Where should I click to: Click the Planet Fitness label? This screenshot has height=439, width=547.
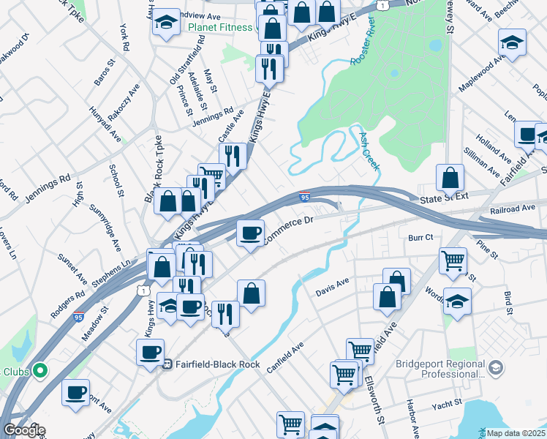(x=219, y=29)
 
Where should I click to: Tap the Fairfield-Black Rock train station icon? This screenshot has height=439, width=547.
(x=166, y=363)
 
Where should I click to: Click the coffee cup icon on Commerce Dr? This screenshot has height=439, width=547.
(x=251, y=233)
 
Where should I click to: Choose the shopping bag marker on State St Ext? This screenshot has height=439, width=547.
(x=450, y=178)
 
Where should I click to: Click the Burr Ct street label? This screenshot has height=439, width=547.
(x=420, y=237)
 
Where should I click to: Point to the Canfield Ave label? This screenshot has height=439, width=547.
(x=284, y=358)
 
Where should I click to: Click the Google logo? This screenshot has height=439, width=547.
(x=23, y=430)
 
